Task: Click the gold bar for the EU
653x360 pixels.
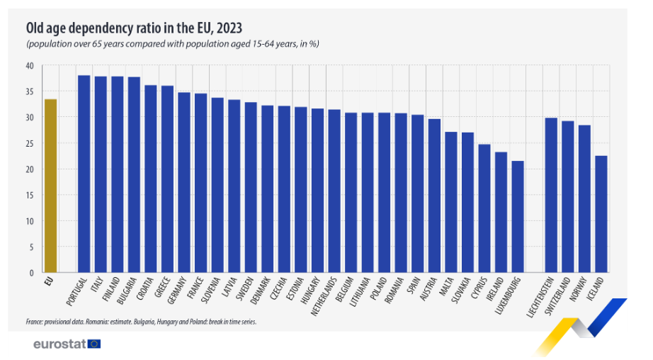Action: pyautogui.click(x=50, y=186)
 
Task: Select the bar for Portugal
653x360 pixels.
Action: pyautogui.click(x=84, y=174)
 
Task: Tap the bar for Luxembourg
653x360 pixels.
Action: pyautogui.click(x=518, y=217)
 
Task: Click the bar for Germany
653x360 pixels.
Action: pyautogui.click(x=183, y=182)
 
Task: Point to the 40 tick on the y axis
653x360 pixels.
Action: pyautogui.click(x=29, y=66)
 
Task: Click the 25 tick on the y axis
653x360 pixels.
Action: pyautogui.click(x=29, y=144)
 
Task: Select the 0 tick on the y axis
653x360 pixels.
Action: pyautogui.click(x=31, y=273)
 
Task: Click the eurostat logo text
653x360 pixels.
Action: pyautogui.click(x=59, y=344)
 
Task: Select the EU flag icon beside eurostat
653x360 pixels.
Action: pyautogui.click(x=94, y=344)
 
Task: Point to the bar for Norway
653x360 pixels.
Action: pyautogui.click(x=584, y=198)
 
